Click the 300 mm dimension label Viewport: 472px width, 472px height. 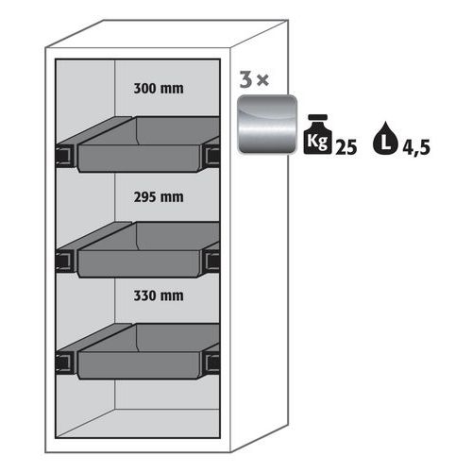coord(159,88)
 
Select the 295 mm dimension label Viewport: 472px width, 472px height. coord(159,197)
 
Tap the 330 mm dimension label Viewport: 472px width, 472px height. coord(159,295)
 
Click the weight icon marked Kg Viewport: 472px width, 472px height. coord(317,134)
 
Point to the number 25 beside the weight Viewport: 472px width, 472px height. coord(346,147)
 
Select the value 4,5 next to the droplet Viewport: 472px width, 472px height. coord(416,147)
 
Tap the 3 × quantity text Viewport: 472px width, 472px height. coord(254,79)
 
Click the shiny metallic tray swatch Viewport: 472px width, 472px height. coord(267,124)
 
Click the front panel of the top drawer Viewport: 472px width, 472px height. coord(139,159)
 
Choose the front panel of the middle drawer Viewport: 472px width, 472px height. coord(139,263)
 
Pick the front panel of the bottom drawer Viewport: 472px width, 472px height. coord(139,365)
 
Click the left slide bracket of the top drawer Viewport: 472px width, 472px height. coord(65,154)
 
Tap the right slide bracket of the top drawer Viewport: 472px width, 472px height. coord(212,156)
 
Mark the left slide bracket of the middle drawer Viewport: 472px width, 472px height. coord(65,260)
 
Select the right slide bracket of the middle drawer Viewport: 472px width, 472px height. coord(212,261)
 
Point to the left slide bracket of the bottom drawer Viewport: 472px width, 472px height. coord(65,362)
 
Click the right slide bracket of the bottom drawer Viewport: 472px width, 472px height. coord(212,363)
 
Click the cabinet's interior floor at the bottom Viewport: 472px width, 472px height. coord(139,423)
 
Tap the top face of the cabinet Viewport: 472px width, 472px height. coord(167,34)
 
